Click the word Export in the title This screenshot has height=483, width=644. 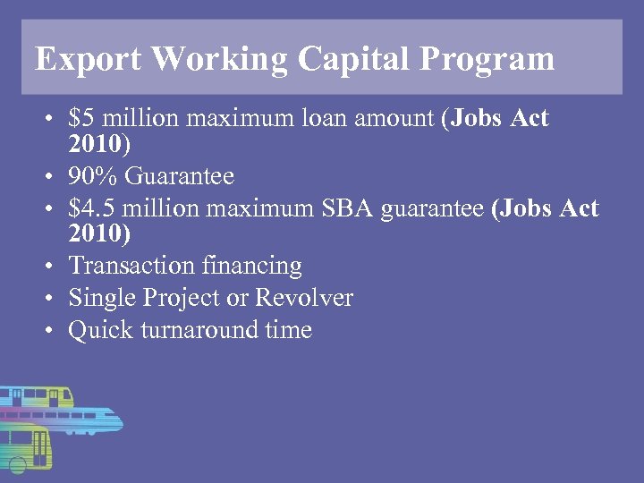88,59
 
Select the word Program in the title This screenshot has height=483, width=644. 487,59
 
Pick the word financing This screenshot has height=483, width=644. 252,266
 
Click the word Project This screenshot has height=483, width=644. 190,298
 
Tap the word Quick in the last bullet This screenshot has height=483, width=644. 99,330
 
